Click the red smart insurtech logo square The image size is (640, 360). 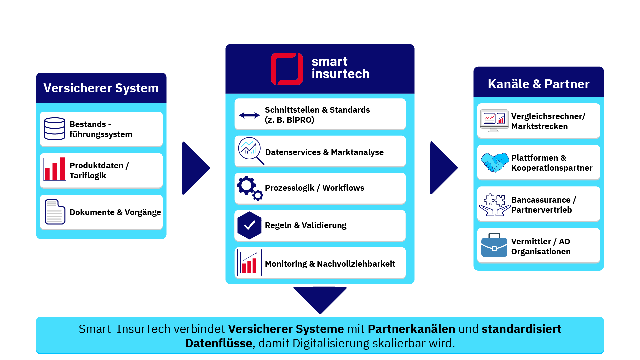click(287, 69)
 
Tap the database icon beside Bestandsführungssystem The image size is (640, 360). click(55, 129)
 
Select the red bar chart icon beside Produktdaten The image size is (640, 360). click(54, 169)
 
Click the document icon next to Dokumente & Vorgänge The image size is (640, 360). click(55, 212)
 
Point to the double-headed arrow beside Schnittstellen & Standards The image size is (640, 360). click(249, 115)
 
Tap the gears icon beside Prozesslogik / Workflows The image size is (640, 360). click(250, 188)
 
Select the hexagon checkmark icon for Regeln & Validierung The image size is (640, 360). click(249, 225)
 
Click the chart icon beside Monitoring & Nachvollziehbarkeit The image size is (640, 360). click(249, 263)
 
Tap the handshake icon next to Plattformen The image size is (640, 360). click(495, 162)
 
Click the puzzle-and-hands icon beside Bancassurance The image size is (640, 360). click(495, 205)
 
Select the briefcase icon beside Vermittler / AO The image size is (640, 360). click(494, 245)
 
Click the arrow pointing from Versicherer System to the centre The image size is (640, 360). click(195, 168)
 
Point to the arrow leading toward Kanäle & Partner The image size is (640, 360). click(443, 168)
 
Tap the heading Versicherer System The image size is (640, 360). click(101, 88)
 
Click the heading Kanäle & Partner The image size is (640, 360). click(538, 84)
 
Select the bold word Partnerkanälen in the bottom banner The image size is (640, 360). click(411, 329)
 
